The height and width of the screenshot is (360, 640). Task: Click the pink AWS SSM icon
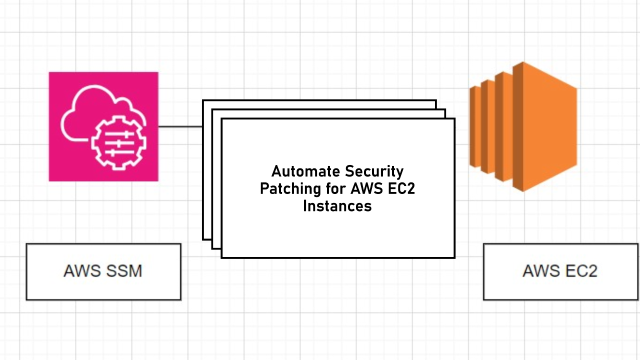click(103, 126)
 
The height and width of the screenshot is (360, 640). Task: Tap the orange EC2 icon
click(523, 126)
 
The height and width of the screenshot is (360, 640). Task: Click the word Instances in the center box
click(337, 205)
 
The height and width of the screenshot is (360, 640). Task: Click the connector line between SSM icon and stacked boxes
click(180, 126)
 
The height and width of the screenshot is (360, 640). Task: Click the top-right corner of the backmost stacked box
click(435, 101)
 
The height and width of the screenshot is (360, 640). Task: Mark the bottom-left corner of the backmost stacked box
click(203, 238)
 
